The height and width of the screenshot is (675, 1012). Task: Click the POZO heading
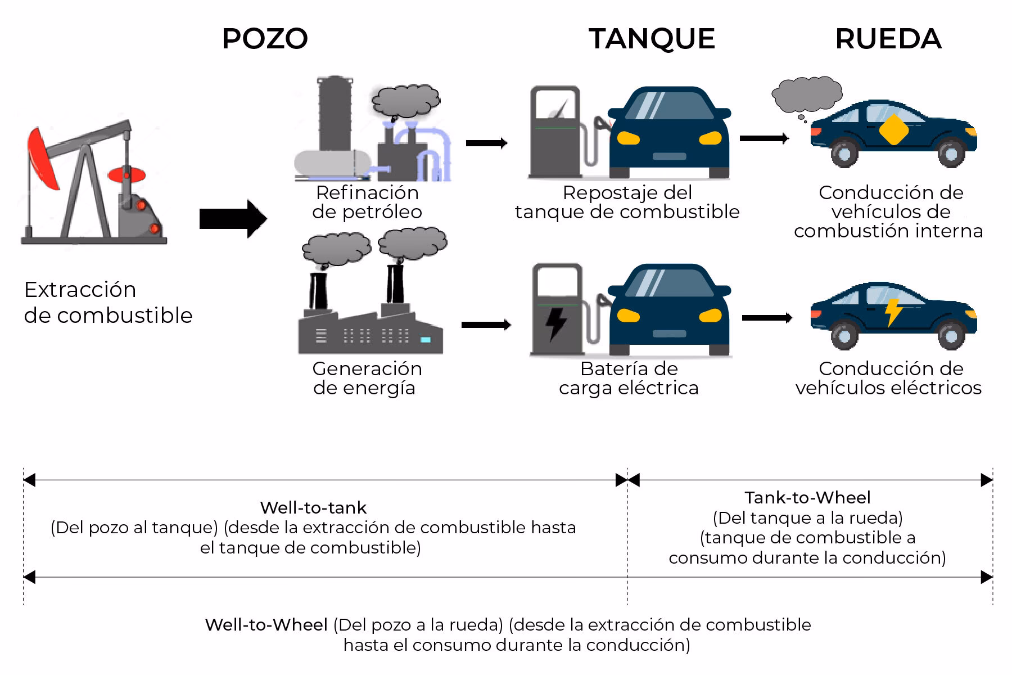[265, 39]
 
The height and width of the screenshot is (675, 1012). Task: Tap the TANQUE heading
[652, 39]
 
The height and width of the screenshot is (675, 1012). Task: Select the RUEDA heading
[888, 39]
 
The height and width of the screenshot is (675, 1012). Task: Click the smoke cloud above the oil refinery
[405, 101]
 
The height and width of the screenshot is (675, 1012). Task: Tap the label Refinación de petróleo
[367, 202]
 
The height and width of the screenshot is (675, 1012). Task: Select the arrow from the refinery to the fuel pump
[486, 143]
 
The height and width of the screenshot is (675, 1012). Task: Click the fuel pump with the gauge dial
[555, 132]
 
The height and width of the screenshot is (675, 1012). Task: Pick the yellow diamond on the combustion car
[893, 130]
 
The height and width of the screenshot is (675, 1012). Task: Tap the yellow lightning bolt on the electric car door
[893, 312]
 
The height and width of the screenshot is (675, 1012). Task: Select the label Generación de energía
[367, 378]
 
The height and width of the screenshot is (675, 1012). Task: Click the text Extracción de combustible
[108, 302]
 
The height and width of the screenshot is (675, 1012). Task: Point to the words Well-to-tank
[313, 508]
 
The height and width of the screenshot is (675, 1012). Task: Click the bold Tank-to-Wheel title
[807, 498]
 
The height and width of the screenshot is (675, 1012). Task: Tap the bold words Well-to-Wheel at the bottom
[266, 625]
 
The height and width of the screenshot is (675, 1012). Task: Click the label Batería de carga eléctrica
[629, 378]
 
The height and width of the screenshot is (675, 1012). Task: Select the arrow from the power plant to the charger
[486, 325]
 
